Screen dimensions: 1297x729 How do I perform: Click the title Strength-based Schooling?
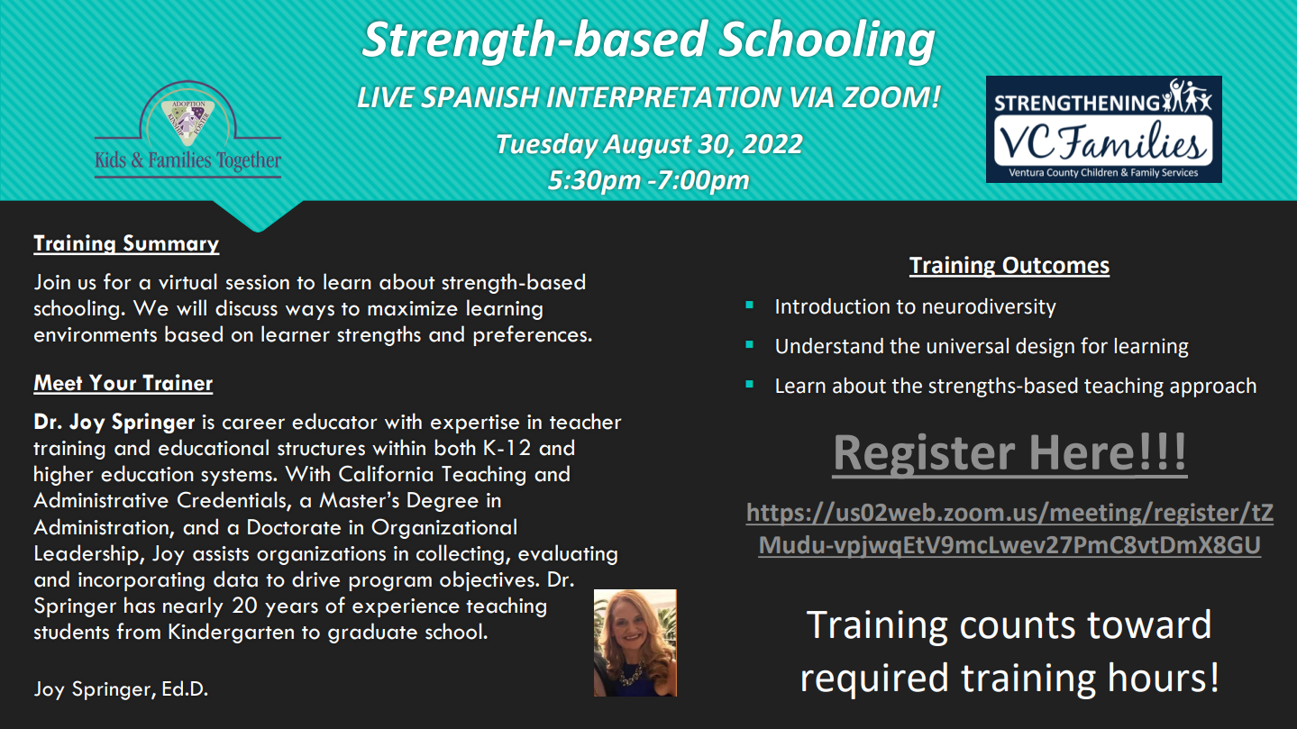pos(649,41)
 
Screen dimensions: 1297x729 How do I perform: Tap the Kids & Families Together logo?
pos(188,130)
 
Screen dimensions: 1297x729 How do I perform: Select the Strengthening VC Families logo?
pos(1103,129)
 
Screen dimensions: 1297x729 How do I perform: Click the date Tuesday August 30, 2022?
pos(649,144)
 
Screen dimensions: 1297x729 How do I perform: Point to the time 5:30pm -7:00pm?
pos(649,180)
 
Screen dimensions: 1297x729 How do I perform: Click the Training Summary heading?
pos(126,244)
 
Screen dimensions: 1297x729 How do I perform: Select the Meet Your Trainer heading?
pos(123,383)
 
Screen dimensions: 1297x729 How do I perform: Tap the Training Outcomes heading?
pos(1009,265)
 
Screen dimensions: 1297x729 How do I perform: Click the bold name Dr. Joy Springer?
pos(114,422)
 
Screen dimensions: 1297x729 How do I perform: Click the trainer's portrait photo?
pos(635,642)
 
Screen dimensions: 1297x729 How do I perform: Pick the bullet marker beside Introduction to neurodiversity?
pos(750,305)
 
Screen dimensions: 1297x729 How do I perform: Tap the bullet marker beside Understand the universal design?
pos(750,344)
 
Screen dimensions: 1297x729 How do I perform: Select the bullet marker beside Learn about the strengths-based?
pos(750,384)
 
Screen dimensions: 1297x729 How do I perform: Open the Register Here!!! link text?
pos(1009,453)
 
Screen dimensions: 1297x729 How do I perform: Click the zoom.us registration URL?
pos(1009,529)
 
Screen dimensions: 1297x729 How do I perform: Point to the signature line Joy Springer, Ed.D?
pos(121,689)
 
